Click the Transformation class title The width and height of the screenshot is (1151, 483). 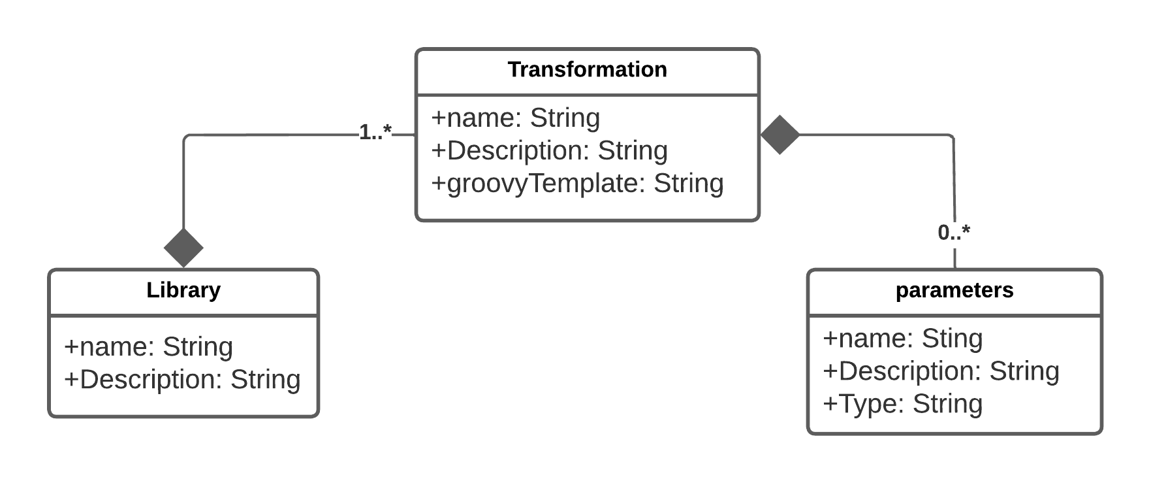(x=587, y=70)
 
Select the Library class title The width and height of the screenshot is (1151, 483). (x=183, y=290)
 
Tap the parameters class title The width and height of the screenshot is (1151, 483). (x=954, y=290)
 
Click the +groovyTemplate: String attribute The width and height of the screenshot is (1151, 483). (x=577, y=184)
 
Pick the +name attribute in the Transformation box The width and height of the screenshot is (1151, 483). (x=515, y=118)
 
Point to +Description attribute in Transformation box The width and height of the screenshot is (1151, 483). (x=549, y=151)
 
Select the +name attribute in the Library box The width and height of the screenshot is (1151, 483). (x=148, y=347)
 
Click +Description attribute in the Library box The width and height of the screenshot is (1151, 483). (x=182, y=380)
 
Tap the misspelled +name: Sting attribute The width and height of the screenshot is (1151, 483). (x=902, y=339)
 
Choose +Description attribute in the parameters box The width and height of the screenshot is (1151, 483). (x=941, y=371)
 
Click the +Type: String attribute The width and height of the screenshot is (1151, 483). (x=902, y=404)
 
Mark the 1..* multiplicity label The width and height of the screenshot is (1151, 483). (x=375, y=133)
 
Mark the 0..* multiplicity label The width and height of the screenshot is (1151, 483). (x=954, y=232)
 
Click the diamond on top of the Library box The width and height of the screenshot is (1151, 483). (x=183, y=248)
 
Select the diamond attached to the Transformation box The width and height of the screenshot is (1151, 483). (x=780, y=135)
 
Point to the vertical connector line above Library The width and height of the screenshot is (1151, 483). (x=184, y=190)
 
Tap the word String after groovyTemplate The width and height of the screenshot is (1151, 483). (x=689, y=184)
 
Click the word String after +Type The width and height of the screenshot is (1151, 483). (x=947, y=404)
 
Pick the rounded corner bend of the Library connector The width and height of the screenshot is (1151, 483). (x=187, y=138)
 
